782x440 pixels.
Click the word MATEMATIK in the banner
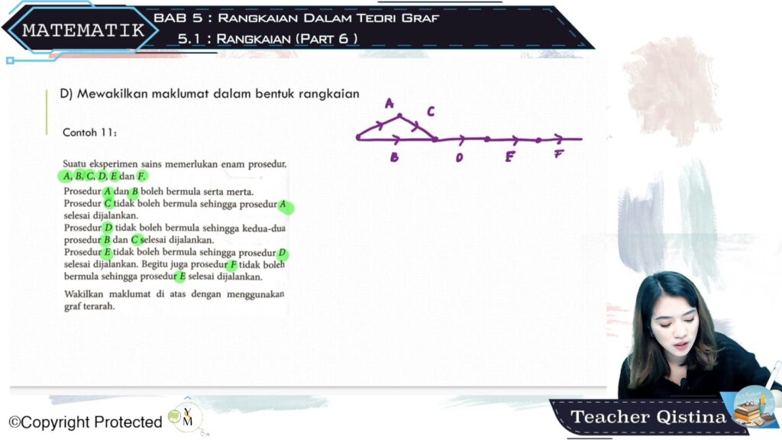(83, 31)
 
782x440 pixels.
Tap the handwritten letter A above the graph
(389, 103)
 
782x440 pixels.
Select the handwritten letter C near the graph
(431, 112)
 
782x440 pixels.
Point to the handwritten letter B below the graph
(395, 157)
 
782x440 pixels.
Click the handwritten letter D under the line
(459, 157)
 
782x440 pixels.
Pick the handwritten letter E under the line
(509, 157)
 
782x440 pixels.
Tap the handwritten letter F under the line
(558, 154)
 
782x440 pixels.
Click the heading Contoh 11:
(90, 133)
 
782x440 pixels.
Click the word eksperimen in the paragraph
(113, 164)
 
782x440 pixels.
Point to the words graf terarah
(89, 306)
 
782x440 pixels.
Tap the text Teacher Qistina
(648, 416)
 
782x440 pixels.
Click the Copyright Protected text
(86, 422)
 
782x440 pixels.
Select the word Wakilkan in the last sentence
(83, 294)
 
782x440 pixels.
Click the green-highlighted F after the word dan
(141, 176)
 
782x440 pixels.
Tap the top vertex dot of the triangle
(399, 116)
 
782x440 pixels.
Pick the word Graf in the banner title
(421, 18)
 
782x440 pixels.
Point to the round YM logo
(186, 418)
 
